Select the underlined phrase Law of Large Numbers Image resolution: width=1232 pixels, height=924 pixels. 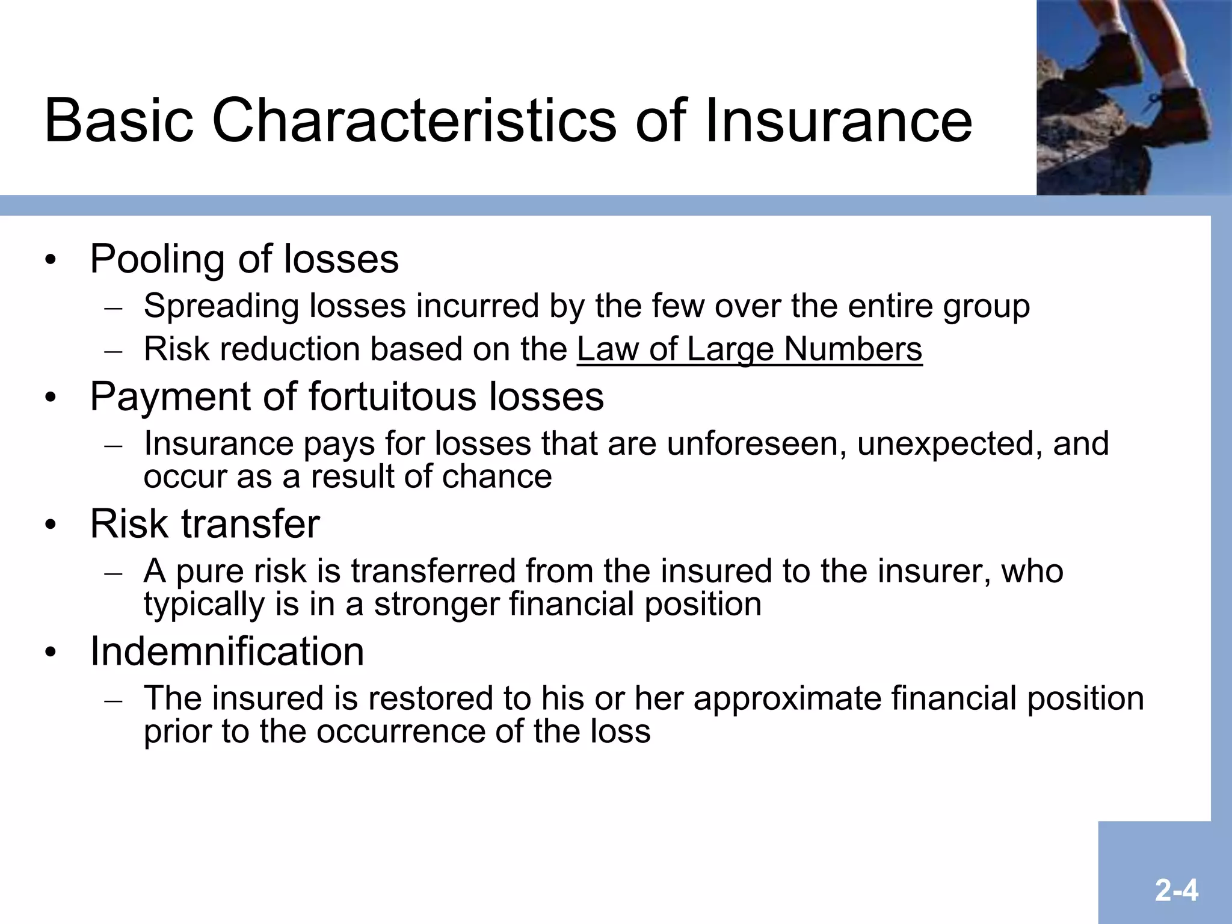(x=750, y=349)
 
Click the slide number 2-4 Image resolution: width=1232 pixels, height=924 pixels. (x=1176, y=890)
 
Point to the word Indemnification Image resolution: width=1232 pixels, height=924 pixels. (x=227, y=651)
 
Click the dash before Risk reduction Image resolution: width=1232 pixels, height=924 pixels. (x=113, y=351)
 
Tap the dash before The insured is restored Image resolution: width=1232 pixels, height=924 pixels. (x=113, y=700)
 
